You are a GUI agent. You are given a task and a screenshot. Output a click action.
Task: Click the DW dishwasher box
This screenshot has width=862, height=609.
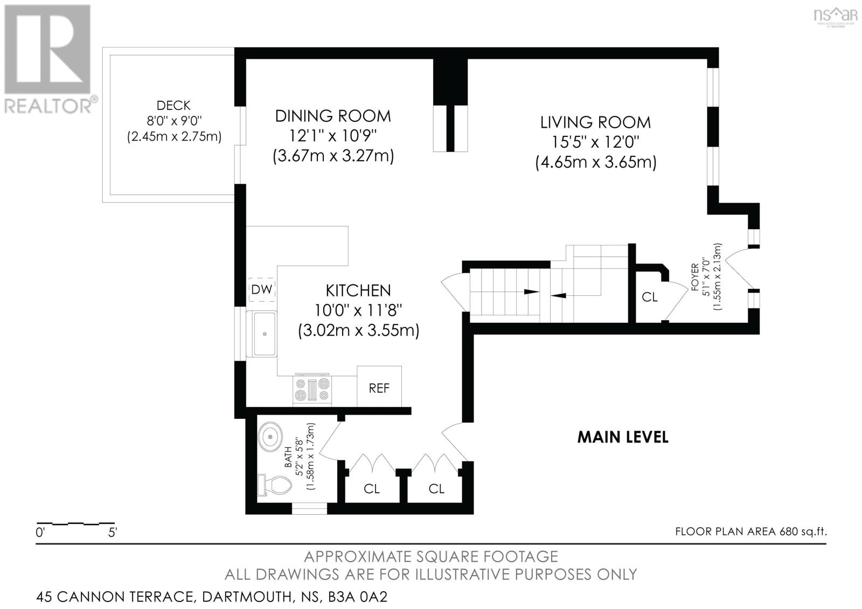click(262, 290)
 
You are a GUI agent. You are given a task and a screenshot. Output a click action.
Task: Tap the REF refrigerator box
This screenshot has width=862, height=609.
click(379, 387)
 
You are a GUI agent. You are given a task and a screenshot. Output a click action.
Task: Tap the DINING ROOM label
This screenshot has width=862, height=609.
click(333, 116)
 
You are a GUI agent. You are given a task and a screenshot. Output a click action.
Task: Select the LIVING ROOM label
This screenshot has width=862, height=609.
click(595, 122)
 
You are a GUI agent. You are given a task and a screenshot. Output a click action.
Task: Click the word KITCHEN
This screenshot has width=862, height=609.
click(358, 290)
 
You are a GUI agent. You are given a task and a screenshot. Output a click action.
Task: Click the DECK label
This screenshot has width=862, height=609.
click(173, 106)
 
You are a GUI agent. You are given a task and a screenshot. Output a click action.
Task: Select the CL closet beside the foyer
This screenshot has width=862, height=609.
click(650, 297)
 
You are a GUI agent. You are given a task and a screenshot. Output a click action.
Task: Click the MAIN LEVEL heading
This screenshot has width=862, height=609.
click(623, 437)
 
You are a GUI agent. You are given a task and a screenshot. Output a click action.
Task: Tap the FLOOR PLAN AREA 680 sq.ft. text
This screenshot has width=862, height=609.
click(750, 531)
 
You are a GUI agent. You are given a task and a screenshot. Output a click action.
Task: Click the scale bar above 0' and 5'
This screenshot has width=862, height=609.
click(75, 523)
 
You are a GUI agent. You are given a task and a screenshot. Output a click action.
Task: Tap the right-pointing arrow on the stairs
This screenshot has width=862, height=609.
click(531, 292)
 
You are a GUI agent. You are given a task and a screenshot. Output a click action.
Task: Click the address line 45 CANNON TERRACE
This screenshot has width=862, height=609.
click(212, 597)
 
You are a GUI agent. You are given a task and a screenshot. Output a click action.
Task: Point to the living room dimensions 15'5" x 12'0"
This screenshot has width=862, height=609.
click(595, 142)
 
